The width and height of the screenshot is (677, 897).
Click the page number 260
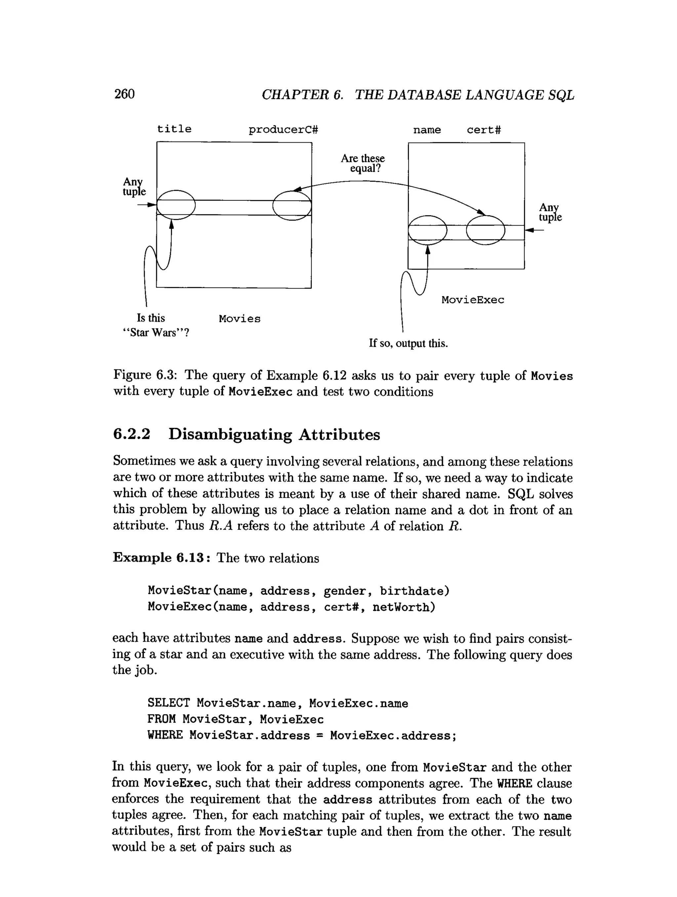pos(124,94)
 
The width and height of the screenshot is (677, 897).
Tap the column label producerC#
pos(283,130)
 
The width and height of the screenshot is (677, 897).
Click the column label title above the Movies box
pos(174,129)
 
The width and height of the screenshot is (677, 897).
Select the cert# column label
pos(484,130)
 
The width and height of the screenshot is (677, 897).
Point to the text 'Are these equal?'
pos(363,163)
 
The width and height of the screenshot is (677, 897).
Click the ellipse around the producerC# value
pos(292,206)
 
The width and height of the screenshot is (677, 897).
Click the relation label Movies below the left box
pos(240,319)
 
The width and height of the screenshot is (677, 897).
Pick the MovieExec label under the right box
pos(473,300)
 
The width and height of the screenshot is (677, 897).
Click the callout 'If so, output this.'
pos(408,344)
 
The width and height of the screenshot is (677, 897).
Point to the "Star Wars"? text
pos(156,333)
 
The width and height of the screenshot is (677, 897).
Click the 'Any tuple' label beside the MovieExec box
pos(550,213)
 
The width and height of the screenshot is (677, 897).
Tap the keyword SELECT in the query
pos(169,703)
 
